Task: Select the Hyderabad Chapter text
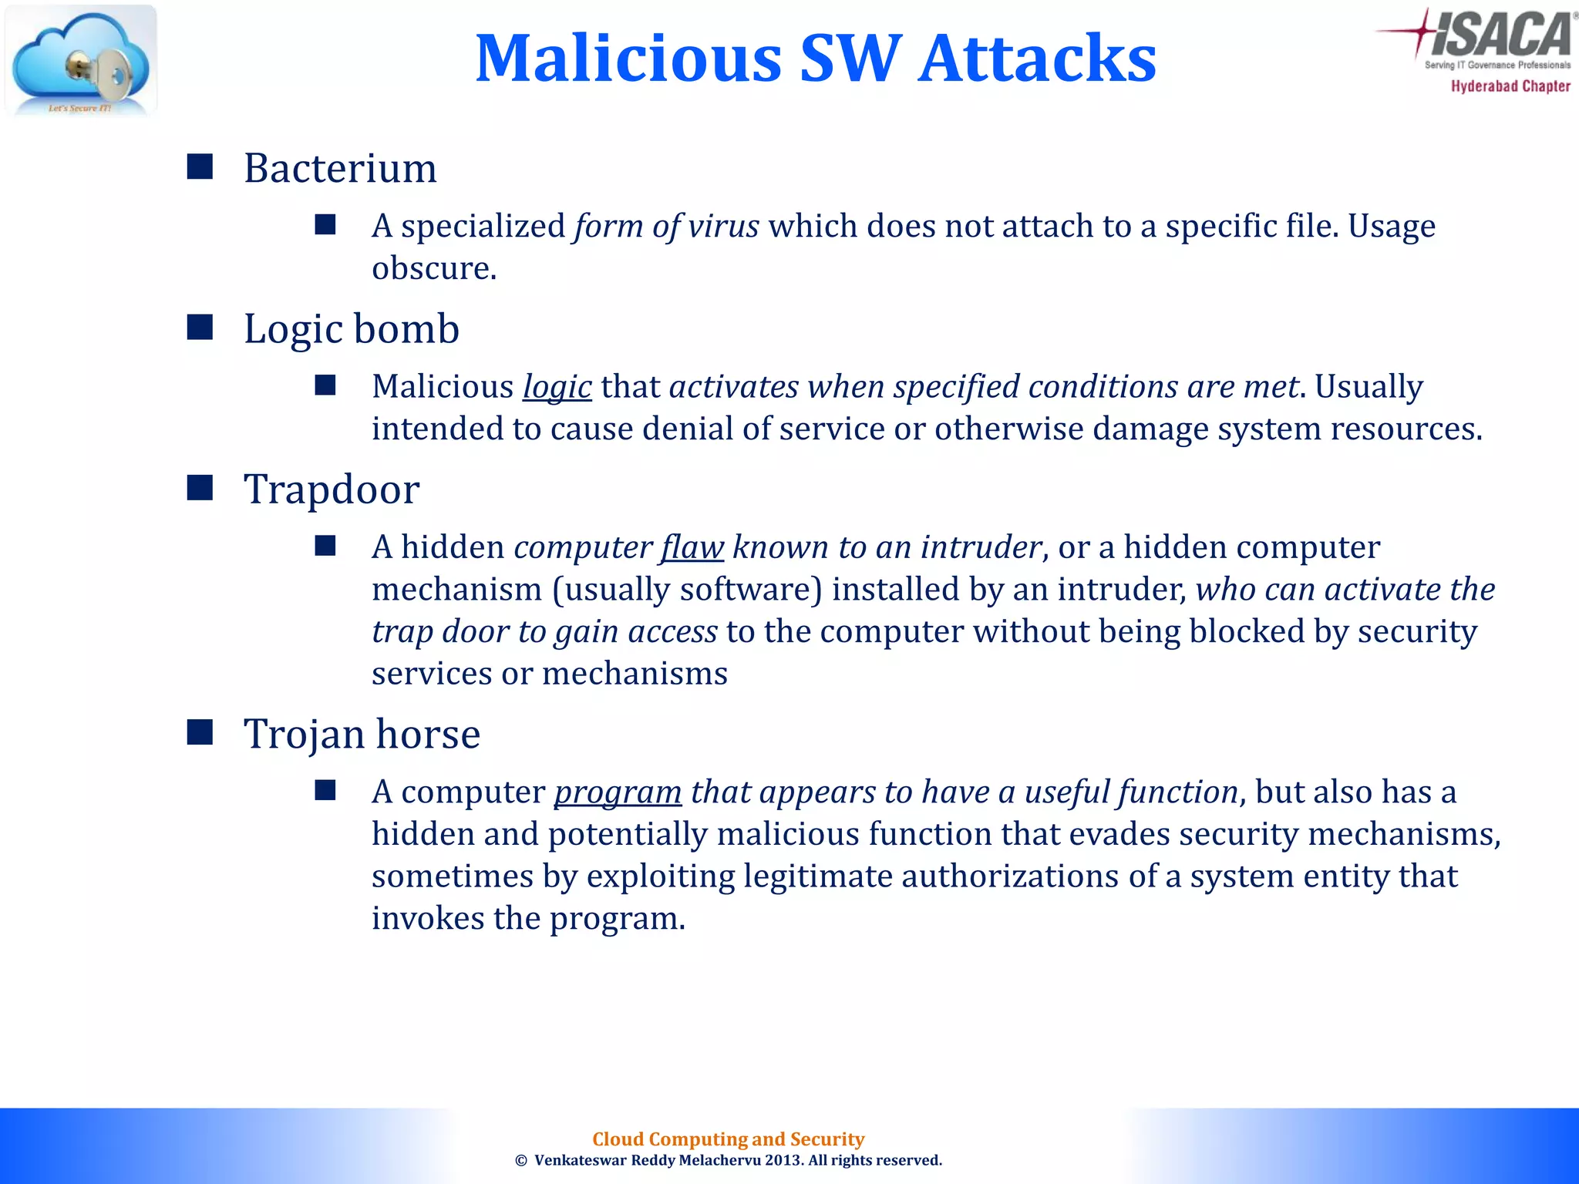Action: click(1510, 86)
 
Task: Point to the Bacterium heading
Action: click(340, 168)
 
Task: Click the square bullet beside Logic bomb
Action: click(200, 328)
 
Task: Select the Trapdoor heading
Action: click(332, 489)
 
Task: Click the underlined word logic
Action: click(557, 387)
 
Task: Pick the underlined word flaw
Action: click(692, 547)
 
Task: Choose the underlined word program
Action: click(618, 792)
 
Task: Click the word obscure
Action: click(433, 268)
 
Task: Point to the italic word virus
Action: click(723, 226)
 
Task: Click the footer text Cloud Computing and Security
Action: click(728, 1139)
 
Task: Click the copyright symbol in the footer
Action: click(521, 1161)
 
